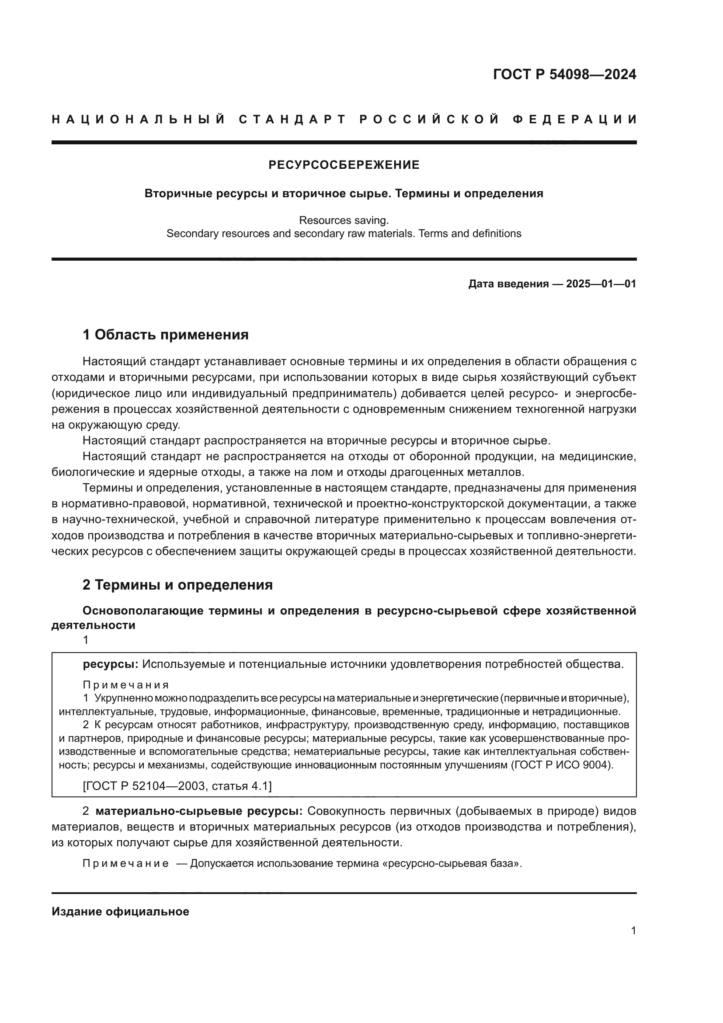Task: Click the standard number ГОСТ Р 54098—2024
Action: coord(564,74)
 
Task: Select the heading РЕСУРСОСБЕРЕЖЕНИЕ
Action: coord(344,165)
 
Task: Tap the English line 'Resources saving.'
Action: coord(344,220)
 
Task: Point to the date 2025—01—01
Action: coord(601,284)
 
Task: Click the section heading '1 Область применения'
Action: coord(166,335)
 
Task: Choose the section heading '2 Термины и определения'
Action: coord(177,585)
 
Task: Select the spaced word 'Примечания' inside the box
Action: coord(126,685)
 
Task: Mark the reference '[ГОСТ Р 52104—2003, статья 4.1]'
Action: coord(177,786)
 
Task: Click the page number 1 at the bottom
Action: coord(633,931)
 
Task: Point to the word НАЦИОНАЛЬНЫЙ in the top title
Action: coord(139,119)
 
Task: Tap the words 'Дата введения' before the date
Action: coord(508,284)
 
